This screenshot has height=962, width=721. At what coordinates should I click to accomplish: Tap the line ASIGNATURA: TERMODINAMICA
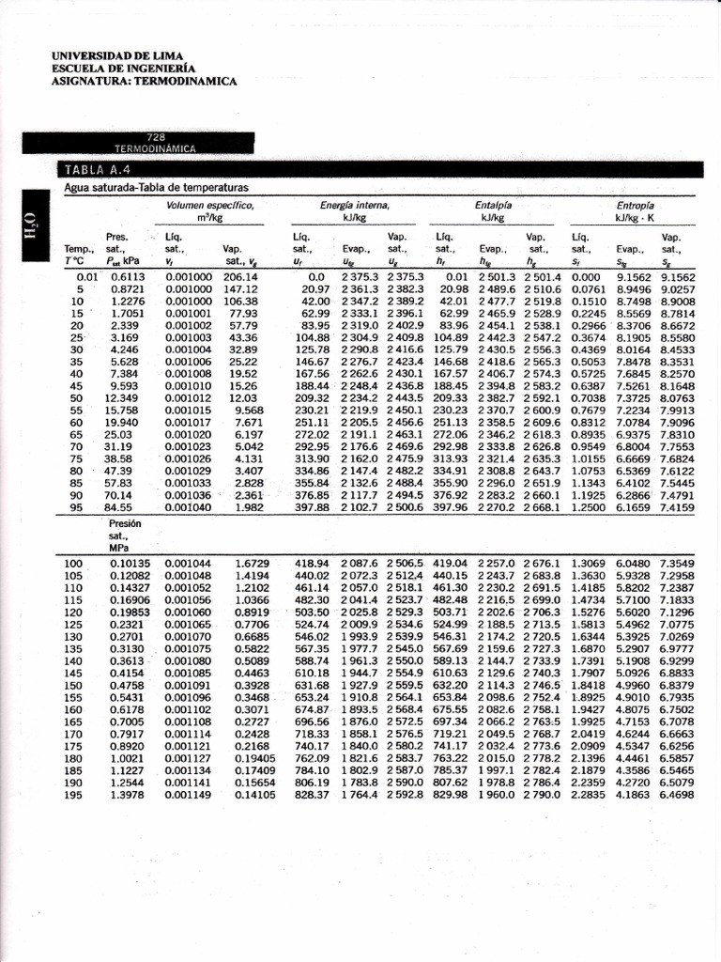pyautogui.click(x=145, y=81)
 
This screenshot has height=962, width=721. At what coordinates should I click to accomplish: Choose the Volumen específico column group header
pyautogui.click(x=210, y=205)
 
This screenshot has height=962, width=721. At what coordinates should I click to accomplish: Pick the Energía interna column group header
pyautogui.click(x=354, y=205)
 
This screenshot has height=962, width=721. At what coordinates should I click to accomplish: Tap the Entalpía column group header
pyautogui.click(x=494, y=205)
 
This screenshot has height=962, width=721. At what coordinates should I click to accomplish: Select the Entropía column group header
pyautogui.click(x=636, y=205)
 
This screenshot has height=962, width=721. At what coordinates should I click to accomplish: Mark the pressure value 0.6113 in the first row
pyautogui.click(x=128, y=278)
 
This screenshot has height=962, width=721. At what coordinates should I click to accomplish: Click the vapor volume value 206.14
pyautogui.click(x=240, y=278)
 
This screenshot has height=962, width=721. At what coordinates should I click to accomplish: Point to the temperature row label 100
pyautogui.click(x=74, y=563)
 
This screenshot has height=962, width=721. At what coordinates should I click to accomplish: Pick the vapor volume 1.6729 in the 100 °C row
pyautogui.click(x=253, y=563)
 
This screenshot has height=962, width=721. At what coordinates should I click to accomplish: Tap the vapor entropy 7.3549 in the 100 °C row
pyautogui.click(x=677, y=563)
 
